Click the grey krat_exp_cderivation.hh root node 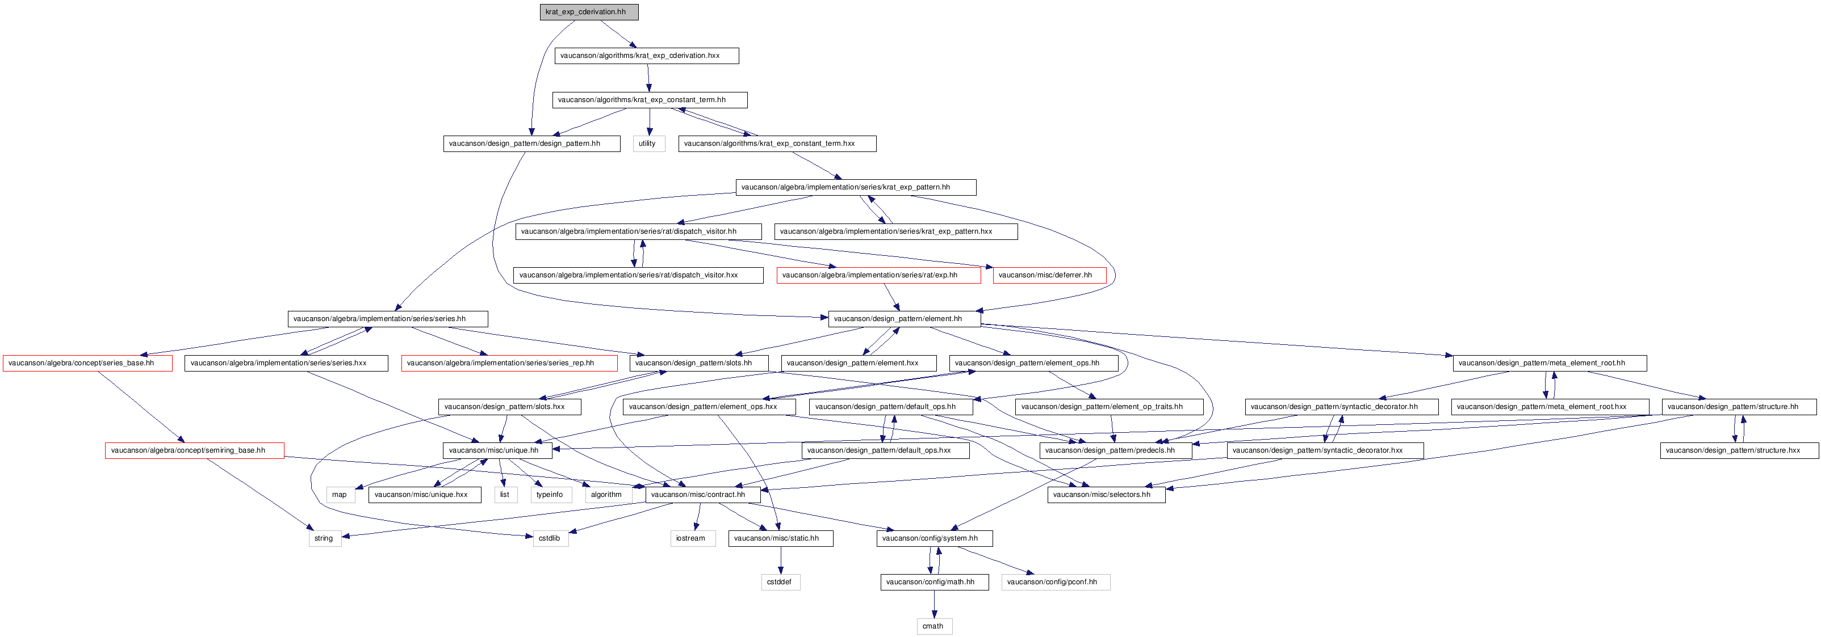pyautogui.click(x=589, y=12)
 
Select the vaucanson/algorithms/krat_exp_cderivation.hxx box pyautogui.click(x=647, y=56)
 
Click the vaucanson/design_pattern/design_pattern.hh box pyautogui.click(x=531, y=144)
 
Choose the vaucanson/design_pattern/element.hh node pyautogui.click(x=904, y=319)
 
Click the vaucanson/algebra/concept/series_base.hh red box pyautogui.click(x=87, y=363)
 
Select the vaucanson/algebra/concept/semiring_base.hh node pyautogui.click(x=194, y=450)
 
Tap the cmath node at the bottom pyautogui.click(x=935, y=626)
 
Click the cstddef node pyautogui.click(x=780, y=583)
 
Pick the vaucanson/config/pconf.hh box pyautogui.click(x=1056, y=583)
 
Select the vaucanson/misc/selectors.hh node pyautogui.click(x=1106, y=495)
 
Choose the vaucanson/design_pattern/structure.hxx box pyautogui.click(x=1739, y=450)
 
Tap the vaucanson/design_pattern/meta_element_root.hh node pyautogui.click(x=1550, y=363)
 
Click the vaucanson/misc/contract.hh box pyautogui.click(x=702, y=495)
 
